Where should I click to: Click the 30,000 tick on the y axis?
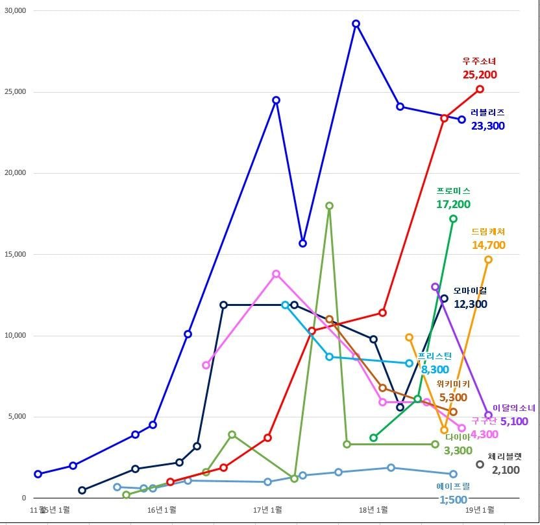pyautogui.click(x=14, y=11)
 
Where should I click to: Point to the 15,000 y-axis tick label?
pyautogui.click(x=14, y=255)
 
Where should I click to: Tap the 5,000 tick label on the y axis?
pyautogui.click(x=16, y=417)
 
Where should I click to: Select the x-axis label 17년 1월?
pyautogui.click(x=267, y=510)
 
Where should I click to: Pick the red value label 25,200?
pyautogui.click(x=480, y=75)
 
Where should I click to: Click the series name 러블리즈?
pyautogui.click(x=487, y=112)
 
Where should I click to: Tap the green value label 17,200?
pyautogui.click(x=453, y=204)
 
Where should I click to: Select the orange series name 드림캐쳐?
pyautogui.click(x=488, y=231)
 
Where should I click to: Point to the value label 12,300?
pyautogui.click(x=470, y=304)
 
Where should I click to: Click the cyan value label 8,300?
pyautogui.click(x=435, y=369)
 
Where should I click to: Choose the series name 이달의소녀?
pyautogui.click(x=514, y=408)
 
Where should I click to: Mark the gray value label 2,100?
pyautogui.click(x=506, y=470)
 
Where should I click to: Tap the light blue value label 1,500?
pyautogui.click(x=453, y=500)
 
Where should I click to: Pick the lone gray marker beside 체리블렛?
pyautogui.click(x=480, y=464)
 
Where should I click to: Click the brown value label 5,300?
pyautogui.click(x=453, y=397)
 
